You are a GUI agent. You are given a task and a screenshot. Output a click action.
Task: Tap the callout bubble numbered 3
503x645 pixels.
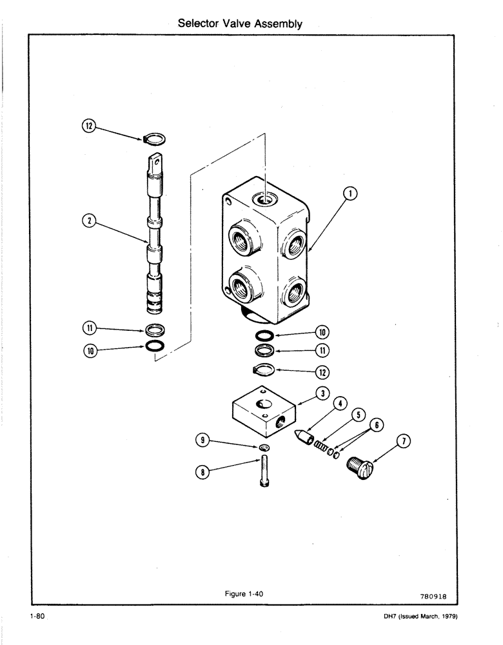coord(322,393)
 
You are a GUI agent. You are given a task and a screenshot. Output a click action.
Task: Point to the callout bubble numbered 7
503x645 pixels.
coord(404,441)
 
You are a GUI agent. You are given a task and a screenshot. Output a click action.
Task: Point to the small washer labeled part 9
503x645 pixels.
coord(264,448)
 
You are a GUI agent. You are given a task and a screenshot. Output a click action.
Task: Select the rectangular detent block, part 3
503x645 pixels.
coord(263,412)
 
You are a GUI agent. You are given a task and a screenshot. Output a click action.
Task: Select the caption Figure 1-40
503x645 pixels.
coord(243,594)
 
